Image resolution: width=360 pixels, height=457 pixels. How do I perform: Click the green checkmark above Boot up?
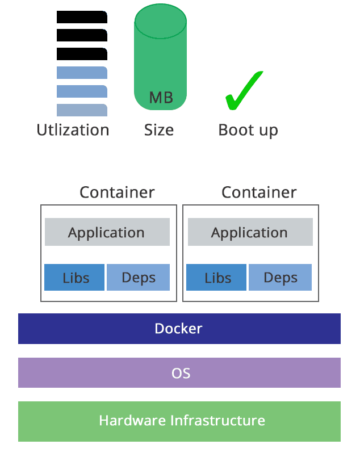[243, 92]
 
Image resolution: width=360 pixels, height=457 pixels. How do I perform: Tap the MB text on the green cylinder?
[161, 98]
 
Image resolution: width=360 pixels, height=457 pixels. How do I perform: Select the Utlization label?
[73, 130]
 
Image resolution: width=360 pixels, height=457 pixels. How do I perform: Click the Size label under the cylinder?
[159, 130]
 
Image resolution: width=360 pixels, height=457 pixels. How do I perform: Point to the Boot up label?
[248, 130]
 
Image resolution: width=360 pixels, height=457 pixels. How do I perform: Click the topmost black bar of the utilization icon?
[82, 17]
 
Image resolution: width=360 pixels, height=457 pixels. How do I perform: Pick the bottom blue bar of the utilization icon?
[82, 110]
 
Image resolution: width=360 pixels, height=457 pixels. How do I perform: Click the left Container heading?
[117, 192]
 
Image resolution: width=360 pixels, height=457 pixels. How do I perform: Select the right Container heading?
[259, 192]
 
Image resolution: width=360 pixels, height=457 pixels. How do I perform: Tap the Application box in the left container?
[107, 232]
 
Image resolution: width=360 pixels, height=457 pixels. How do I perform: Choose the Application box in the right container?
[250, 232]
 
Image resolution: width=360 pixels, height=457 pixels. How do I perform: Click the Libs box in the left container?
[75, 278]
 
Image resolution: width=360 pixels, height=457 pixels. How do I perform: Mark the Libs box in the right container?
[217, 278]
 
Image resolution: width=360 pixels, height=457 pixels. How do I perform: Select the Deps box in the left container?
[139, 278]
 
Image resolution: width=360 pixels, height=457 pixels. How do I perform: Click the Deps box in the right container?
[281, 278]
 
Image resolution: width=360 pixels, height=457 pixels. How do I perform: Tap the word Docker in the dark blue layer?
[179, 329]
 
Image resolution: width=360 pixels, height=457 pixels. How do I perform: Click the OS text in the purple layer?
[181, 373]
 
